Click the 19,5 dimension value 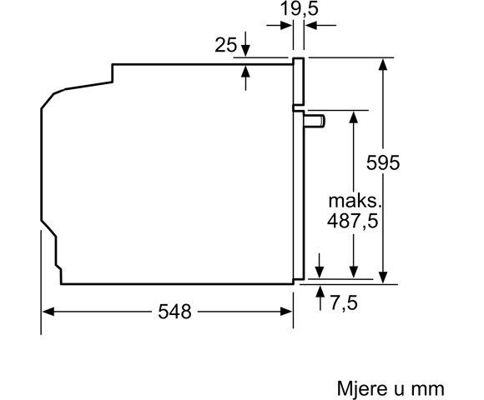coord(298,10)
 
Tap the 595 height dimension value coord(383,162)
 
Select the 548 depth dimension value coord(174,312)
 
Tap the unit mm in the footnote coord(429,387)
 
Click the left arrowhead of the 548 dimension coord(48,312)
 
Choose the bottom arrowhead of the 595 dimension coord(383,278)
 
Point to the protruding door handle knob coord(315,122)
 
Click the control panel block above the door coord(299,83)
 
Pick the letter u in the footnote coord(401,387)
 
